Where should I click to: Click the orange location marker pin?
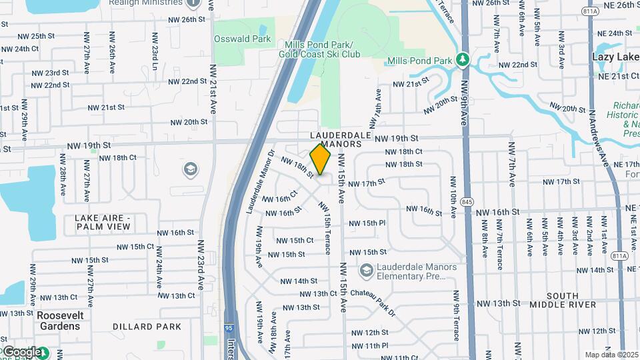(x=320, y=159)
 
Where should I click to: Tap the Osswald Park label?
(x=242, y=39)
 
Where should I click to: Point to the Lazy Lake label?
(x=615, y=57)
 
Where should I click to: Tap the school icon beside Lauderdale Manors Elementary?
(x=365, y=270)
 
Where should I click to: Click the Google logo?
(x=21, y=351)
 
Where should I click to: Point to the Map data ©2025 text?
(x=611, y=355)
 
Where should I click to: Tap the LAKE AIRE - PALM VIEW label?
(x=103, y=222)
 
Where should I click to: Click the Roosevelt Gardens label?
(x=59, y=321)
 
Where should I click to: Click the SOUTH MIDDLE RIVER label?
(x=571, y=300)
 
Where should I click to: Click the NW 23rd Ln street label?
(x=154, y=56)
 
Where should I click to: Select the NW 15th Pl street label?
(x=367, y=223)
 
